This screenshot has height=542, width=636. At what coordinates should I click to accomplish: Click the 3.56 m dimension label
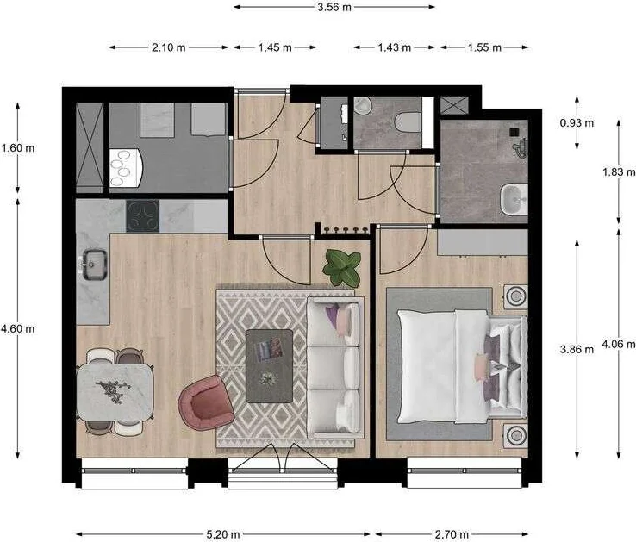(x=334, y=7)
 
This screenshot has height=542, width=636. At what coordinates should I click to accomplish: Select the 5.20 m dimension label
(x=223, y=534)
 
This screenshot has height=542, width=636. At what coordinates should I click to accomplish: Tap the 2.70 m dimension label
(x=452, y=534)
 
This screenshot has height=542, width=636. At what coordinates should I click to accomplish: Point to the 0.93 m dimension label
(x=577, y=123)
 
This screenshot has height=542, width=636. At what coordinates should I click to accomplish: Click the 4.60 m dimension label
(x=18, y=328)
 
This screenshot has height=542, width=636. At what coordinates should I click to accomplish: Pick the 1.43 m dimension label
(x=394, y=47)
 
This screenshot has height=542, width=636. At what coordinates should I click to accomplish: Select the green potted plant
(x=342, y=267)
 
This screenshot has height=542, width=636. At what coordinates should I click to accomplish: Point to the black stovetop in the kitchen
(x=142, y=215)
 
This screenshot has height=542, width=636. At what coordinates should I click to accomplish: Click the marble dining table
(x=115, y=390)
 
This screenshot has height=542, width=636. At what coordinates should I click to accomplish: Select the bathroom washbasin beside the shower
(x=514, y=200)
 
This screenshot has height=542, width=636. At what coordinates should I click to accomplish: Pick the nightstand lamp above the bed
(x=515, y=296)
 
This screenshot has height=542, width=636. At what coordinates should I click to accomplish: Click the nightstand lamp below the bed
(x=515, y=435)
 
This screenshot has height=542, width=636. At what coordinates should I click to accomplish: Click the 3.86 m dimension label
(x=577, y=350)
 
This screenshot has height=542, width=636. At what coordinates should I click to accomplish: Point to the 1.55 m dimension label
(x=485, y=47)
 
